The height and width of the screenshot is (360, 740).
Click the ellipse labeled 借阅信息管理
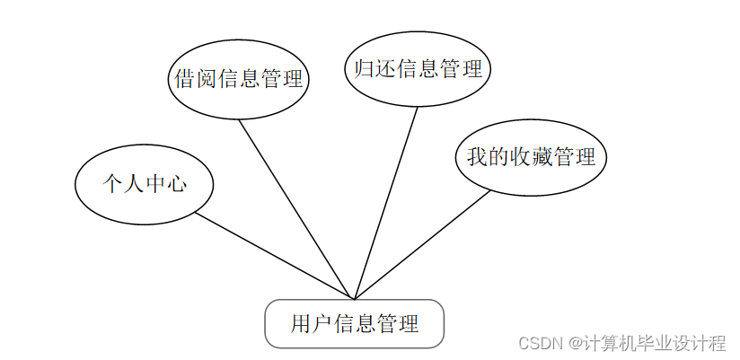click(x=238, y=78)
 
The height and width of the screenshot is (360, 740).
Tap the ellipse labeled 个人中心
click(x=144, y=184)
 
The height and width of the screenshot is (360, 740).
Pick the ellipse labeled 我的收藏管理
click(x=531, y=157)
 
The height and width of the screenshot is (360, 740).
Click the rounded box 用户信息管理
click(x=355, y=323)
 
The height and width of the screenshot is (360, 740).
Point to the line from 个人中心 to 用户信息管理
click(x=274, y=256)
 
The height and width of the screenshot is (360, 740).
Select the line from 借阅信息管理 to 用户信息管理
click(x=296, y=208)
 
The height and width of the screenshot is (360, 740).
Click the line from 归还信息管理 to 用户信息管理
click(x=386, y=202)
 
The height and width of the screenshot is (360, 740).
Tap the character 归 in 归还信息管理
click(x=365, y=69)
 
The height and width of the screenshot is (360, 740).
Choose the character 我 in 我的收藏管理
click(x=477, y=157)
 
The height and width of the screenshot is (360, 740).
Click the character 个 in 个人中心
click(x=111, y=184)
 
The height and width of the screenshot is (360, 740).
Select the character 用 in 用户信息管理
click(x=301, y=323)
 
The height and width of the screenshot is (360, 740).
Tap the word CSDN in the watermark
click(x=539, y=343)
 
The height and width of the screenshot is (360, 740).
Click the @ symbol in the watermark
click(x=571, y=343)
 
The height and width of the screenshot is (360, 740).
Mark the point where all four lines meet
click(x=355, y=299)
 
